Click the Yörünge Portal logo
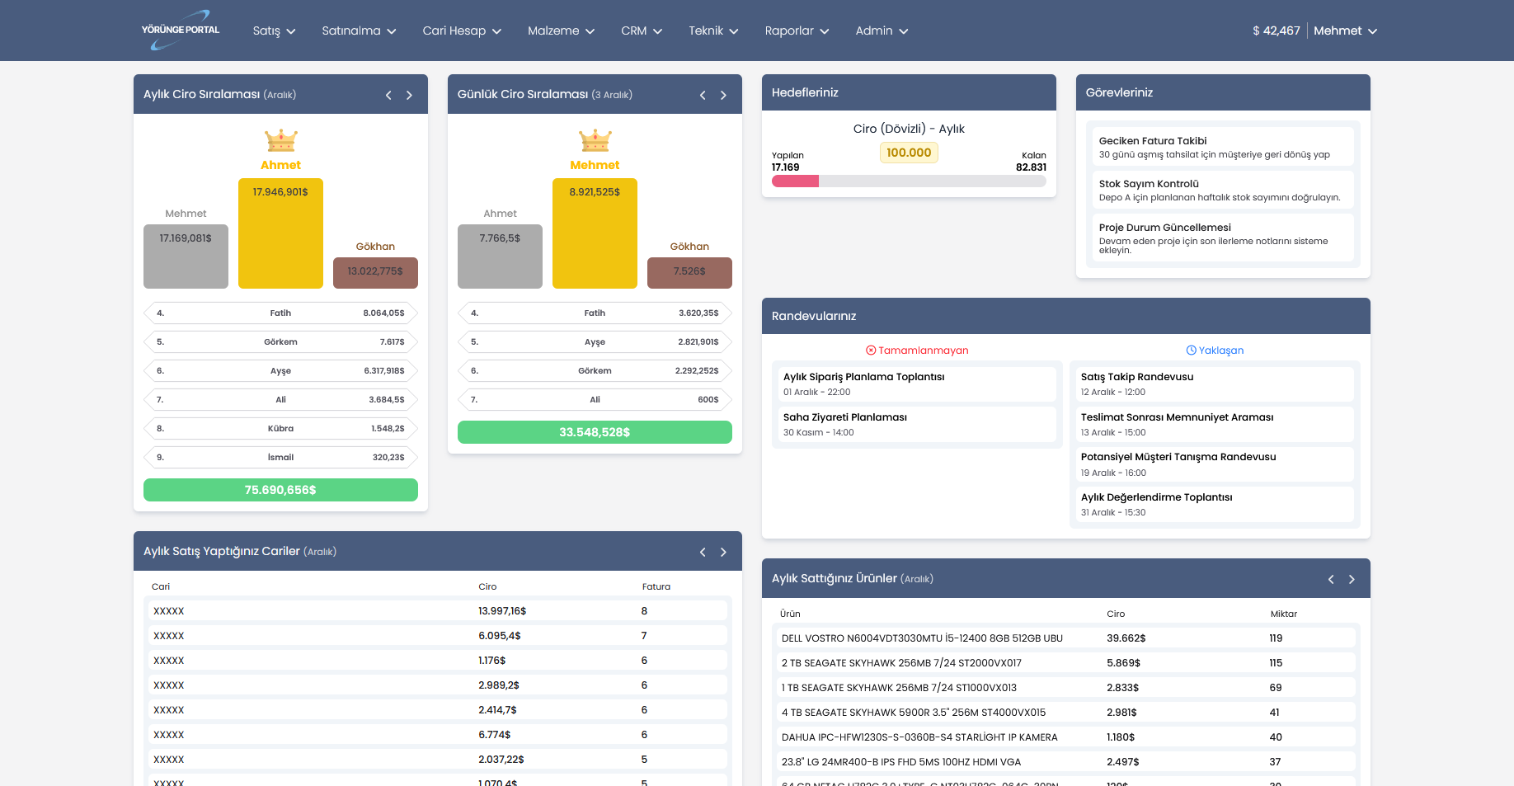(x=181, y=30)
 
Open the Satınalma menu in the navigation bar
(x=359, y=31)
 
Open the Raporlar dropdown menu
(x=797, y=31)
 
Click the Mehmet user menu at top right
(x=1345, y=31)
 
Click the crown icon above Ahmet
(x=280, y=140)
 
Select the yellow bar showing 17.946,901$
(x=280, y=233)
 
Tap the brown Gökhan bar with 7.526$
(x=689, y=272)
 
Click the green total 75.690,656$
(x=280, y=490)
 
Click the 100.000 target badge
(x=909, y=153)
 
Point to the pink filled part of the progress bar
(x=795, y=181)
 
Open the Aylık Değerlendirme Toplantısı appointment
(x=1211, y=504)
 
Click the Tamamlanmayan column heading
(x=917, y=351)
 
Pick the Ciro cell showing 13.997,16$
(x=502, y=611)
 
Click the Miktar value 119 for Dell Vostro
(x=1276, y=638)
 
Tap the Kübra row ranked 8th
(x=280, y=429)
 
